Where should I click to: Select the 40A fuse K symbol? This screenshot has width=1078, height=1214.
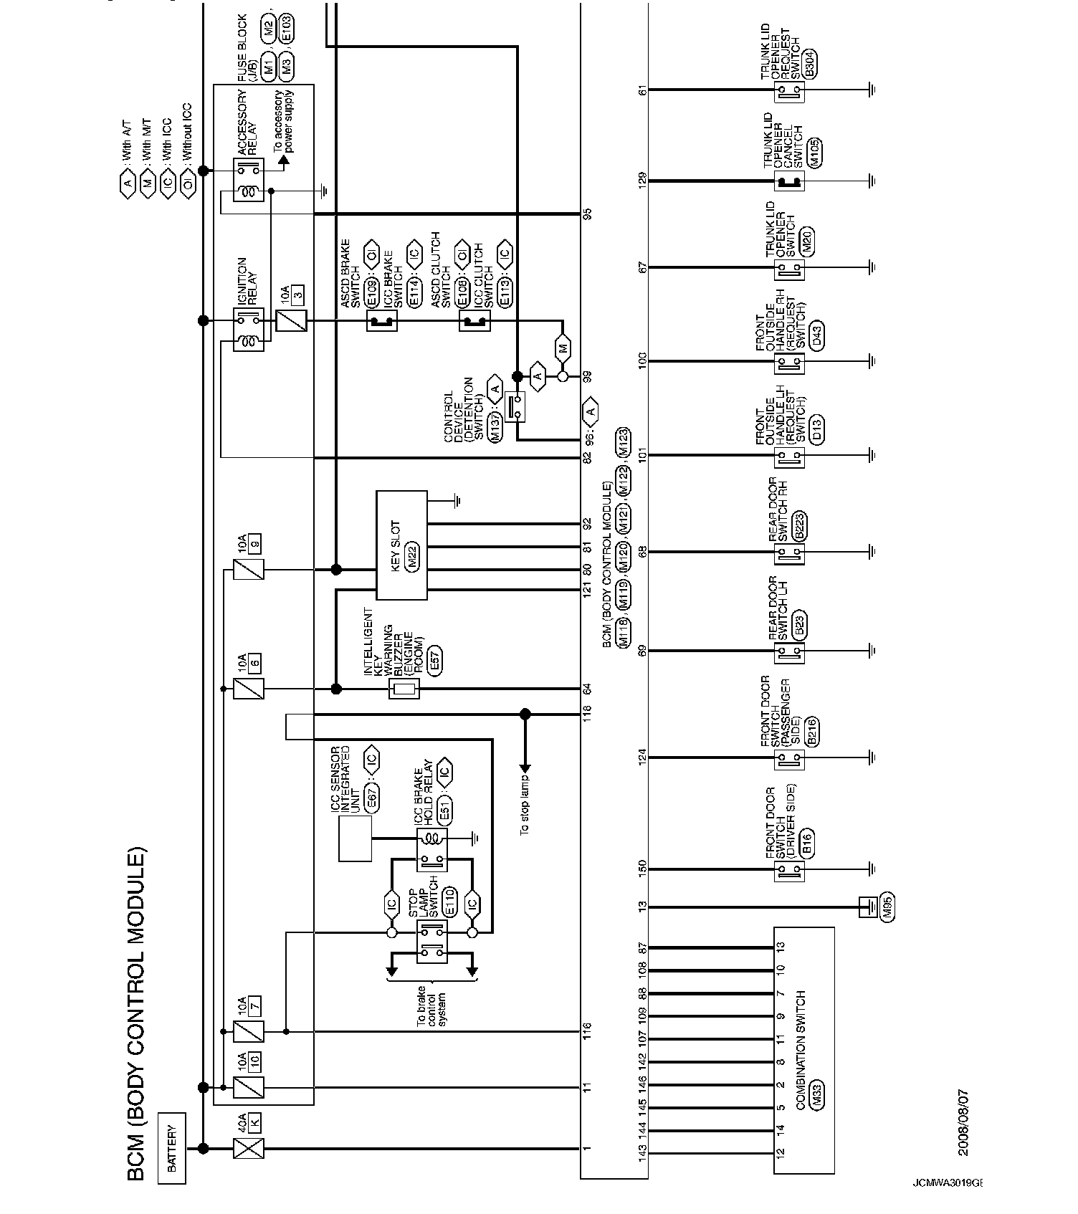pos(249,1148)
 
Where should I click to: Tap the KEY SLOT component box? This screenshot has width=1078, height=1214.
pos(401,545)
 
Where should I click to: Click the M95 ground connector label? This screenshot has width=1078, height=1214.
pos(888,908)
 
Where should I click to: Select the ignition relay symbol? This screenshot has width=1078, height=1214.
pos(249,330)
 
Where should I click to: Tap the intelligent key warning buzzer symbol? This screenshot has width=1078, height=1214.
pos(404,689)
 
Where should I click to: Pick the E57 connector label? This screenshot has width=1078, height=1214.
pos(434,661)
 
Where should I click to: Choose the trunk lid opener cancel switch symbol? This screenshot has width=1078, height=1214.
pos(789,181)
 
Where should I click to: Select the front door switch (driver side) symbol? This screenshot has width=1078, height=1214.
pos(789,871)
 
